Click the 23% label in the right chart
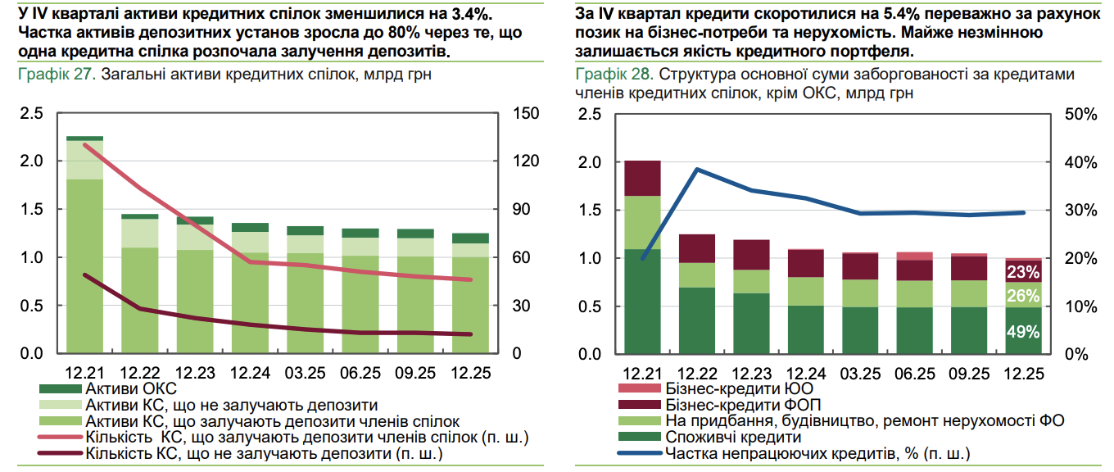click(x=1024, y=272)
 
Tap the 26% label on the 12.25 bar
click(x=1024, y=296)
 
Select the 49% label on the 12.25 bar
click(x=1024, y=332)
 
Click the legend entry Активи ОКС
click(x=131, y=388)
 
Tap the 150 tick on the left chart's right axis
click(x=524, y=113)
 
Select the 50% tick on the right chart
click(x=1080, y=114)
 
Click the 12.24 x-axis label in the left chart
click(x=251, y=373)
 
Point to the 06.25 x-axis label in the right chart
click(x=915, y=374)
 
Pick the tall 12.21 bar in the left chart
click(x=85, y=246)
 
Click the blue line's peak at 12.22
click(x=697, y=170)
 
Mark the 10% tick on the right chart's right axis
click(x=1080, y=306)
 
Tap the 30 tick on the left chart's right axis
click(x=521, y=306)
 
